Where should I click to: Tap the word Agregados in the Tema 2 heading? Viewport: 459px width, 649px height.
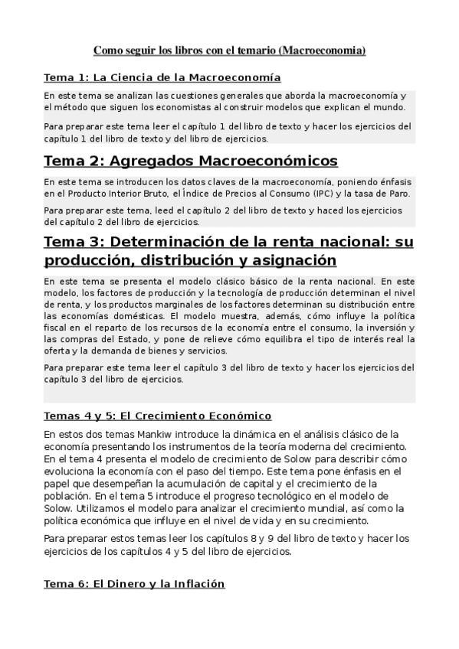[x=153, y=161]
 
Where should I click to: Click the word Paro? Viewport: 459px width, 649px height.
[x=397, y=194]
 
